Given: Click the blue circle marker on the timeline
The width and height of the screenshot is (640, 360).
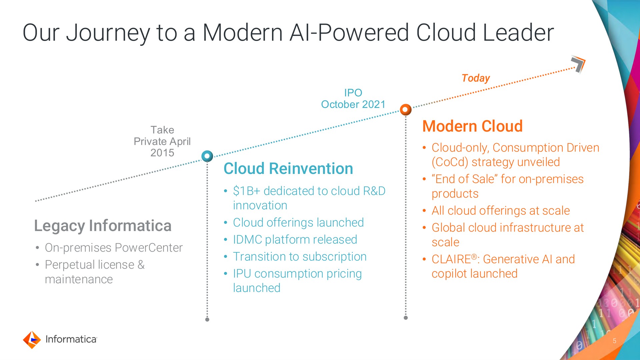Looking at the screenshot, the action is [207, 156].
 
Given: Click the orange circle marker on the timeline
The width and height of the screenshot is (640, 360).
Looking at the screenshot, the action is [405, 109].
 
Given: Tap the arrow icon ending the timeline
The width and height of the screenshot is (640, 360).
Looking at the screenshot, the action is [578, 64].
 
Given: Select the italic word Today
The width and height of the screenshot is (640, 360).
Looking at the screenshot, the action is [476, 78].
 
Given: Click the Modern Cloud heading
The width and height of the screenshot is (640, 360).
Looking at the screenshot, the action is [472, 126].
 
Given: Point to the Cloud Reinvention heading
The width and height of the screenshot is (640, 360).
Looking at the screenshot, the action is [288, 169].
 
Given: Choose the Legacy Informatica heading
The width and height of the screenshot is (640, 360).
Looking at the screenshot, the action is [103, 226].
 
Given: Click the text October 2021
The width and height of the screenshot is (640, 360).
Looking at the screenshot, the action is [353, 104].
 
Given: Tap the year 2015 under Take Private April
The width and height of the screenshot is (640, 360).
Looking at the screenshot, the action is [162, 153].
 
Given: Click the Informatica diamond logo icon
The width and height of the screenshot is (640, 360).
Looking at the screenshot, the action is [32, 340].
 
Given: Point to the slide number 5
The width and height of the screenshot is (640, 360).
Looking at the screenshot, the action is [614, 341].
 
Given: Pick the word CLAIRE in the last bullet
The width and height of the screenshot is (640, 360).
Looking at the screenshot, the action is [451, 259].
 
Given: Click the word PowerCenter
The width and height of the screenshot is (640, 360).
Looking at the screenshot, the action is [148, 248].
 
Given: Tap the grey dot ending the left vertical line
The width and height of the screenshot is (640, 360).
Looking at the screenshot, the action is [207, 319].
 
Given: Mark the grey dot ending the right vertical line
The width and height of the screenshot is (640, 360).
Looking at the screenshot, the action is [406, 318].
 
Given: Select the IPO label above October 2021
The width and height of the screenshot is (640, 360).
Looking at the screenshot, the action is [353, 93].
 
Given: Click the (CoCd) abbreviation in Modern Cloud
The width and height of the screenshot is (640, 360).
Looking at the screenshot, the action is [450, 162].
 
